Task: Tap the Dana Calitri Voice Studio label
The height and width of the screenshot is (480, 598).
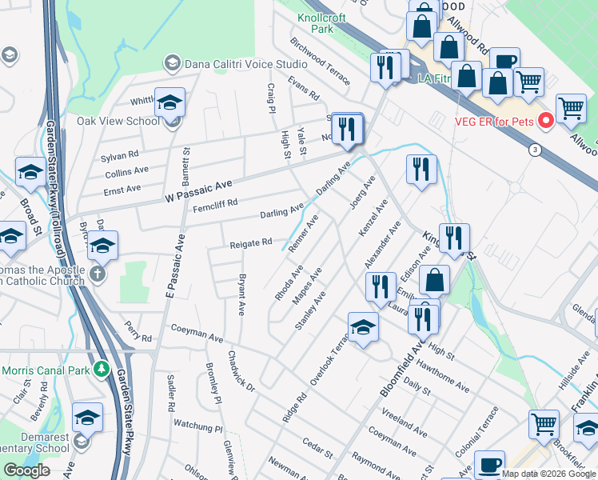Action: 246,63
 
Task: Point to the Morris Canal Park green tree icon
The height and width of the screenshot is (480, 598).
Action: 102,370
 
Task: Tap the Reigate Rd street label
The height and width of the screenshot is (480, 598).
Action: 251,242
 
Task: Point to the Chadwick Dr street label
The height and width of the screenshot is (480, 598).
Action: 241,371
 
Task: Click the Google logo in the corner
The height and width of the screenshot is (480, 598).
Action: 26,470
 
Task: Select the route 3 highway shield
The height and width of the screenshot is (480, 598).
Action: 532,150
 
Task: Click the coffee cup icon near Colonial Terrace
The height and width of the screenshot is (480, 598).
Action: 489,464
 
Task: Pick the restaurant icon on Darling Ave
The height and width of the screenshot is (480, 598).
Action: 347,128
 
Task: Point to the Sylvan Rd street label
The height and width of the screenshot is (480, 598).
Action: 120,154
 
